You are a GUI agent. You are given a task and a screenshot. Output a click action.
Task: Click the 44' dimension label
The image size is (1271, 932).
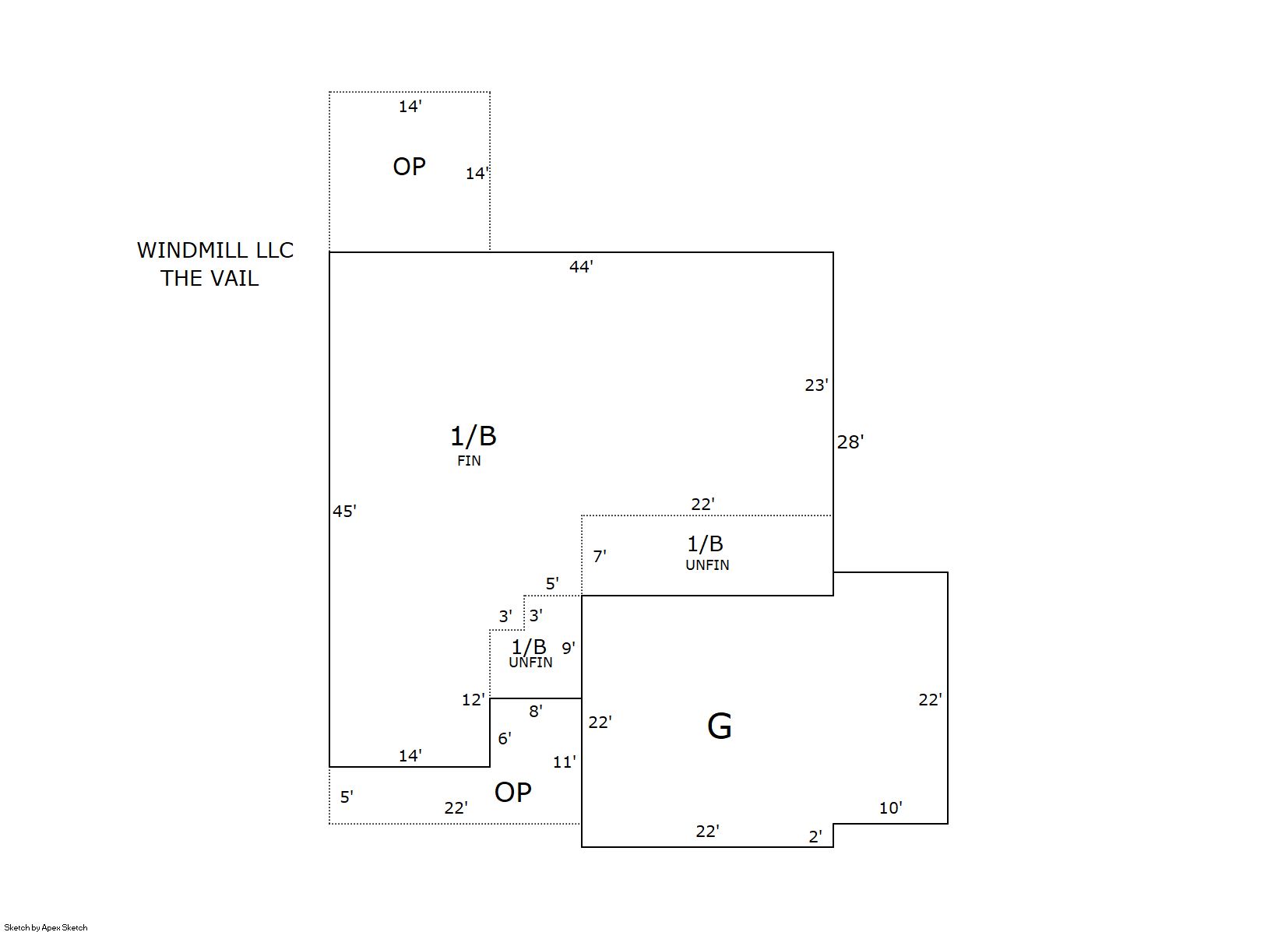[581, 267]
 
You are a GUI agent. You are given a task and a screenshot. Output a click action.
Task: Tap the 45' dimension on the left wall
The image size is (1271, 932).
[344, 512]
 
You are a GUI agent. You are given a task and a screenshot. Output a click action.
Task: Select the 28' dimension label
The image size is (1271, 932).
[850, 442]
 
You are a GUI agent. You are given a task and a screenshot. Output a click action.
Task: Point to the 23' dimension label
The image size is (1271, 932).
[816, 385]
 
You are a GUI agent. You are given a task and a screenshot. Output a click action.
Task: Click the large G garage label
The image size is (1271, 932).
[719, 726]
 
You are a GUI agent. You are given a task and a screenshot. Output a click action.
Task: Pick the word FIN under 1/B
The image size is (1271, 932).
[469, 461]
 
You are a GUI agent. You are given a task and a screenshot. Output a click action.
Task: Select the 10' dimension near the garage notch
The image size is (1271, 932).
[890, 808]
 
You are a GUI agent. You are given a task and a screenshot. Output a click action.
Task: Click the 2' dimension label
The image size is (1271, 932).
[815, 837]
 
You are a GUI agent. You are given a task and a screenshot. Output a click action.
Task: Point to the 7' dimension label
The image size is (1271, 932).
[600, 557]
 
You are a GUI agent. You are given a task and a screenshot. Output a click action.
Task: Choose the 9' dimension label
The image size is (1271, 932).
[569, 648]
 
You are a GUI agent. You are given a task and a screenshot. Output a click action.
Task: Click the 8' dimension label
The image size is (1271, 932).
[536, 711]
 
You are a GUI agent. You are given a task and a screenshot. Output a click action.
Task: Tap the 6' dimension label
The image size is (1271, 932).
[505, 738]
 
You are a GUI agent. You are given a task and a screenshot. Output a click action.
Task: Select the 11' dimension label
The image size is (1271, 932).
[565, 762]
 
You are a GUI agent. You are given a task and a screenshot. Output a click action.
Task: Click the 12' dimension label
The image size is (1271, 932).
[473, 700]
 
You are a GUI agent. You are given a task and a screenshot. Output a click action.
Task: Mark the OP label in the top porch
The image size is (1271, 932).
[409, 167]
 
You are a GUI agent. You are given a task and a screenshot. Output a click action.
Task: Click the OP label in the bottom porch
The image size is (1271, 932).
[513, 793]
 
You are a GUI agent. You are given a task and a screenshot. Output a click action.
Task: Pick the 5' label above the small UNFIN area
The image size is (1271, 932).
[552, 584]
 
